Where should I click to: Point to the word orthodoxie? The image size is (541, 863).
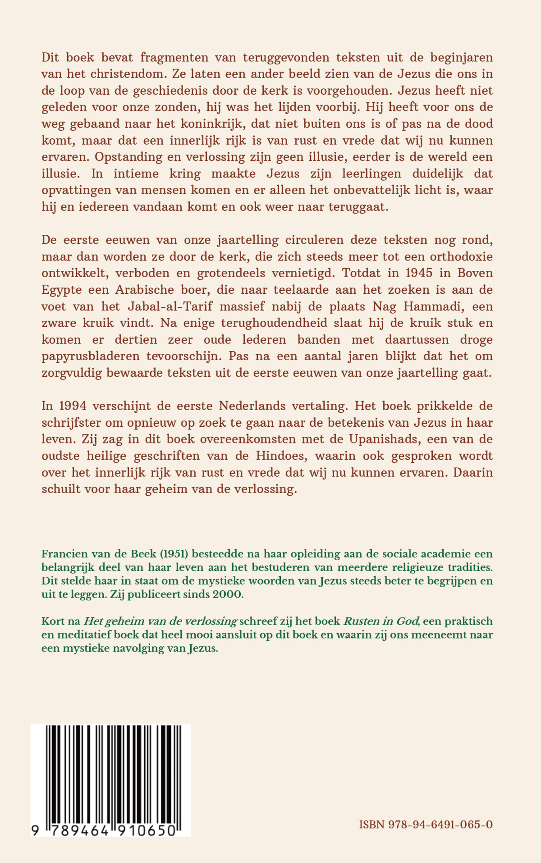click(461, 257)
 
